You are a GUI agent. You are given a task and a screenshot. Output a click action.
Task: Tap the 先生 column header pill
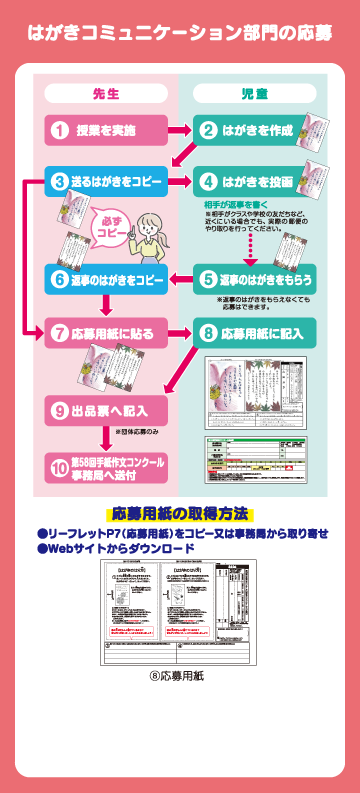tap(106, 94)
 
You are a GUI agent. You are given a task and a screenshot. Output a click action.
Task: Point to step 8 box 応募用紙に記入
tap(254, 332)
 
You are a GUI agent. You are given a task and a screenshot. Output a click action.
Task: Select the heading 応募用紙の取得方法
tap(180, 514)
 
